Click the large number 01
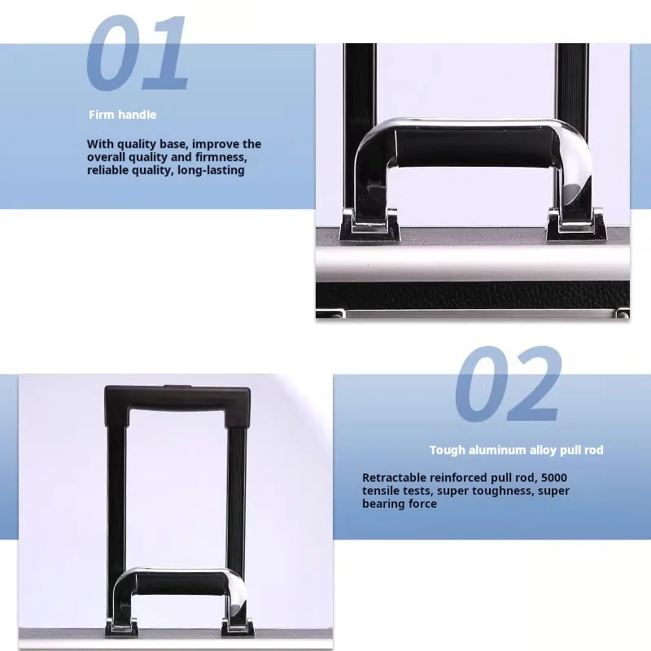[137, 53]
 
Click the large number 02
[508, 384]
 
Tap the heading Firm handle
[123, 115]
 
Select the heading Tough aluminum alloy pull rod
[517, 450]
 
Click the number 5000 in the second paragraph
[554, 478]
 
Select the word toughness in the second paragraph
[497, 491]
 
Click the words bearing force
[400, 504]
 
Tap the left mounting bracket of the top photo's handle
[369, 225]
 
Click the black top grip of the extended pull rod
[177, 400]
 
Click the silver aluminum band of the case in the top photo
[473, 263]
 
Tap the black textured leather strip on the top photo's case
[473, 295]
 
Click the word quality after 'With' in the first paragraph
[136, 145]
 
